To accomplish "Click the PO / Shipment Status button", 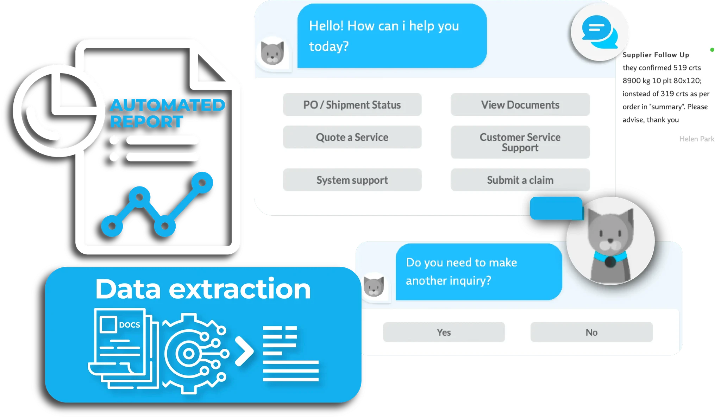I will pos(352,105).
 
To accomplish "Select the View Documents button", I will pos(520,105).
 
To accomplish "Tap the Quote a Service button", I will pos(352,137).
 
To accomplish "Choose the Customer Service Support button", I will pos(520,142).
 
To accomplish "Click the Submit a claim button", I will pos(520,180).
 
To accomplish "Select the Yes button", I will pos(444,332).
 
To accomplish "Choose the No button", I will pos(591,332).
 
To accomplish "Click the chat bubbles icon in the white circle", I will pos(600,32).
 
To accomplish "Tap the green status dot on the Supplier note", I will pos(712,50).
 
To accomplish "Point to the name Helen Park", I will pos(696,139).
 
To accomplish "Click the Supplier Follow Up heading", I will pos(656,55).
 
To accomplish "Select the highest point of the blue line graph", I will pos(202,182).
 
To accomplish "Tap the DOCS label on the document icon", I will pos(129,325).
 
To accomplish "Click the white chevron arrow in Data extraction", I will pos(244,351).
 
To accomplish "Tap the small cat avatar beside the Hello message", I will pos(272,53).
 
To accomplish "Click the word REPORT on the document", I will pos(146,122).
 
